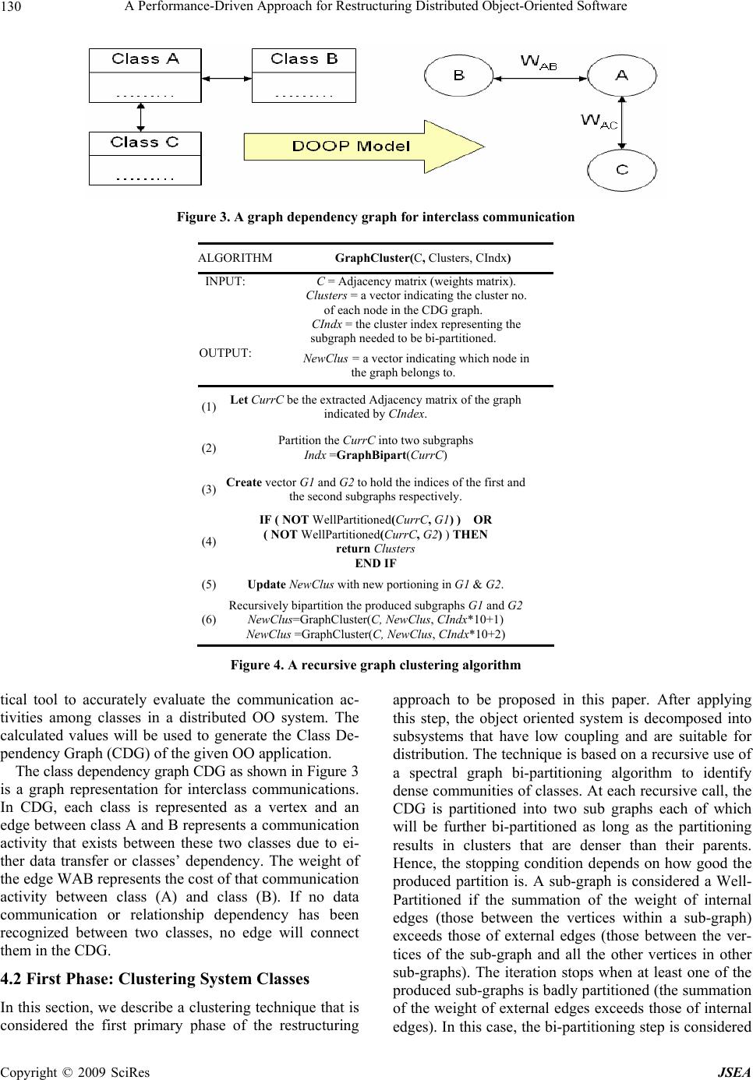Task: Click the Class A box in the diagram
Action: [x=145, y=76]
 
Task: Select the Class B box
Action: [x=304, y=76]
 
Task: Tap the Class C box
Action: [x=145, y=158]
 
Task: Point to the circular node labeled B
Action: [x=459, y=75]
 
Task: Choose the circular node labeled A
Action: [x=621, y=75]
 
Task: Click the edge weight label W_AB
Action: [x=539, y=62]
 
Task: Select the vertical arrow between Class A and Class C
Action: [x=141, y=117]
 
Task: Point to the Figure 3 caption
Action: [x=375, y=217]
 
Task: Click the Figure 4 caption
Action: [x=375, y=665]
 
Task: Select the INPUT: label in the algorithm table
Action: [x=225, y=281]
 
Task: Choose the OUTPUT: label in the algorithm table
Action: [x=225, y=353]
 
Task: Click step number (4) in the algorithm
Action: [x=209, y=542]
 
